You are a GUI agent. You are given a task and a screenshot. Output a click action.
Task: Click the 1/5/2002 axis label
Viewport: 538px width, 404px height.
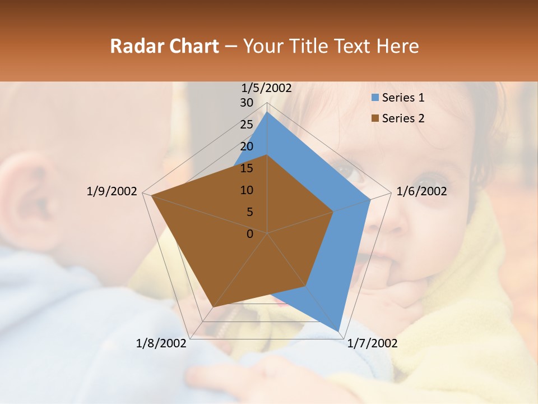coord(267,88)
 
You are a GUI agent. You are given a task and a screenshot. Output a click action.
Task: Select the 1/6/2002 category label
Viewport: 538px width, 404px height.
coord(421,191)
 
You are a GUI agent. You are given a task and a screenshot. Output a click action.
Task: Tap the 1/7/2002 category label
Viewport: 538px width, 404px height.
coord(372,343)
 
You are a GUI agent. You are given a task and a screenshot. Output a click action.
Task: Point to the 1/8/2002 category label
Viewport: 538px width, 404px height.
coord(161,343)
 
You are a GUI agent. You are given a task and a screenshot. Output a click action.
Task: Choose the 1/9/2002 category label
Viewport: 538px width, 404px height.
coord(112,191)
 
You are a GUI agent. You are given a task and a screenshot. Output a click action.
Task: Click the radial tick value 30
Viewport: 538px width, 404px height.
coord(247,103)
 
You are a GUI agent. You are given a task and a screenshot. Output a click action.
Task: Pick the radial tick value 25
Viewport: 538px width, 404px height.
coord(247,125)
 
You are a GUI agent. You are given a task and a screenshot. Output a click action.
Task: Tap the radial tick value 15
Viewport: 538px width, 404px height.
coord(247,168)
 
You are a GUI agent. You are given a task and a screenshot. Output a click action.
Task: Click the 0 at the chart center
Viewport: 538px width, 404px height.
coord(250,234)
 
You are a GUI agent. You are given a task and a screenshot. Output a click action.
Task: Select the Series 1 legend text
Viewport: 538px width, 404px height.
coord(403,98)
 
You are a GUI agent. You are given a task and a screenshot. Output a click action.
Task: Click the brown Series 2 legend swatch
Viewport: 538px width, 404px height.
coord(375,118)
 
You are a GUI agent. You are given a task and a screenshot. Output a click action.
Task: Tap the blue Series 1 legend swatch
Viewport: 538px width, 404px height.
coord(375,98)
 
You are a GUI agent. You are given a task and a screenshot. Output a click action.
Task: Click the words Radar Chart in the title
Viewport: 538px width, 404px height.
coord(164,46)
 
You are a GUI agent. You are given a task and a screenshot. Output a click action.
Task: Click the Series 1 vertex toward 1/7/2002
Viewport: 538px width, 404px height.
coord(339,331)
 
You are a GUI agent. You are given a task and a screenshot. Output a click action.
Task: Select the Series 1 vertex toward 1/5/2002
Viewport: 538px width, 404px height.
coord(267,112)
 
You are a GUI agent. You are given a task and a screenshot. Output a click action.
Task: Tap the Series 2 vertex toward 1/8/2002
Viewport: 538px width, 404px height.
coord(214,307)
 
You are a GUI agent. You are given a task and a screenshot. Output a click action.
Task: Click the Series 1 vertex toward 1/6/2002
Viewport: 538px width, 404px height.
coord(370,199)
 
